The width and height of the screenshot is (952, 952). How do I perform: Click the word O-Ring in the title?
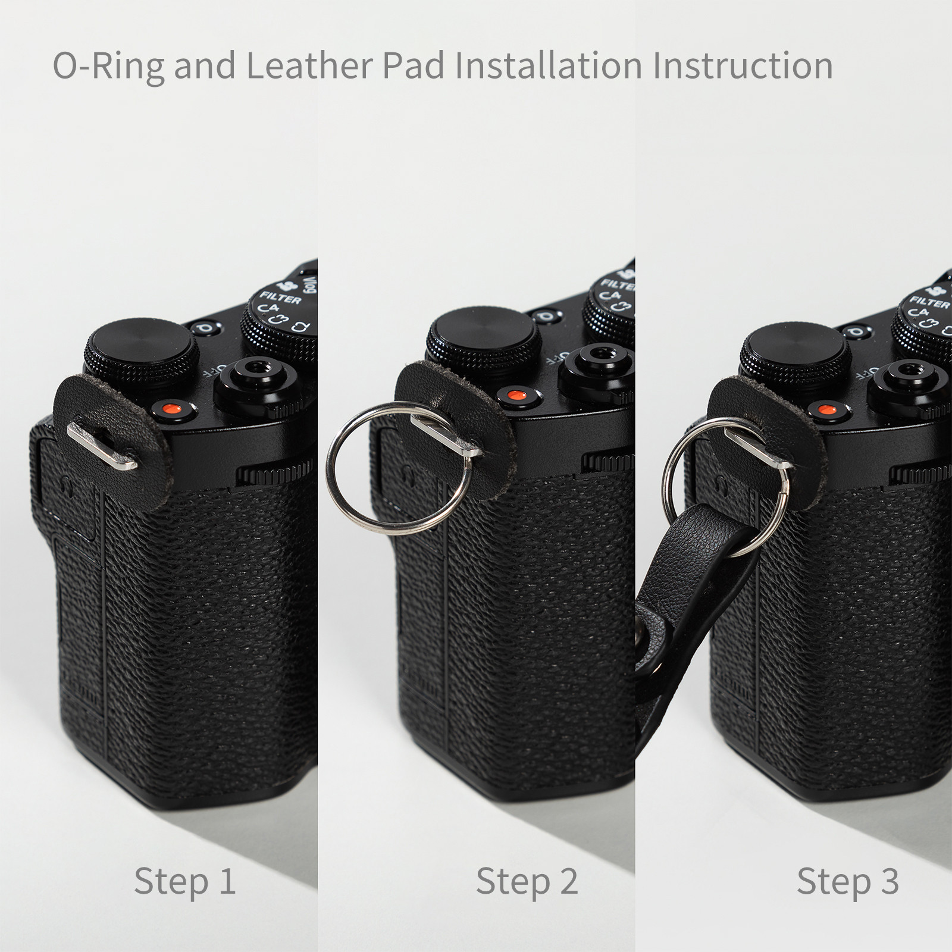(x=109, y=65)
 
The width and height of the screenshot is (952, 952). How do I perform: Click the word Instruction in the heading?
(x=743, y=65)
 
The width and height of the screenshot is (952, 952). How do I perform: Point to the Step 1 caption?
(x=185, y=881)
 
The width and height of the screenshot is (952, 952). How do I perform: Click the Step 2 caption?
(x=527, y=881)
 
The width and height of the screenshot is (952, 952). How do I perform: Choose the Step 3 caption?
(x=848, y=881)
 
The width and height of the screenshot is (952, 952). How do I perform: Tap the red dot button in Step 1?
(x=173, y=409)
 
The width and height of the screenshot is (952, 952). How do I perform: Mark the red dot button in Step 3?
(x=825, y=409)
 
